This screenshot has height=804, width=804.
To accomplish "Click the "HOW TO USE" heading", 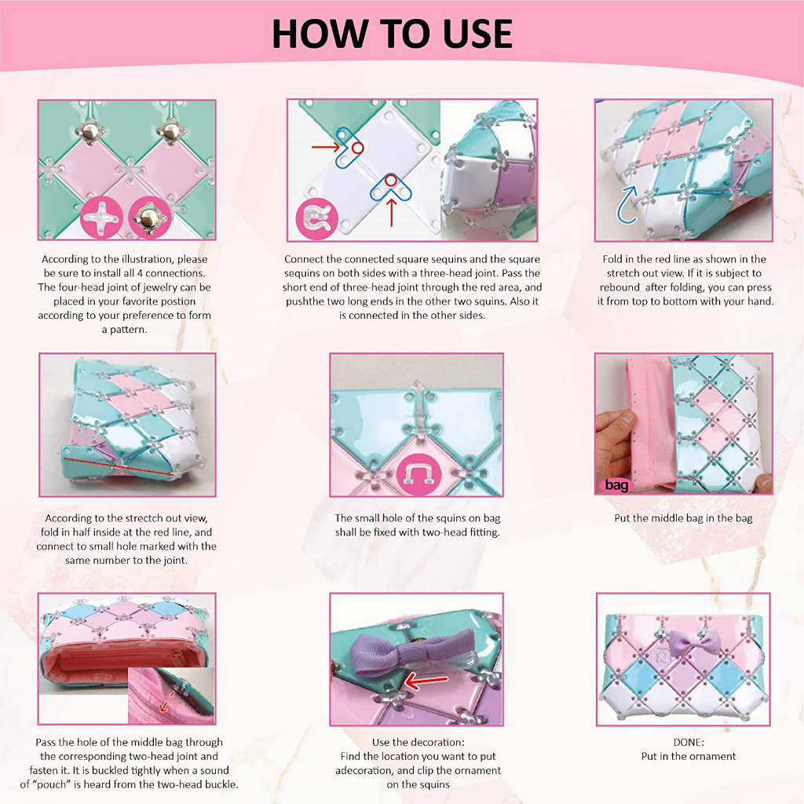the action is [x=392, y=34].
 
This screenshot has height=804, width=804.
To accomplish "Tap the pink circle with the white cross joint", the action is [x=101, y=217].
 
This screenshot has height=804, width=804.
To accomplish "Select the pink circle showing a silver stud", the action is [x=150, y=217].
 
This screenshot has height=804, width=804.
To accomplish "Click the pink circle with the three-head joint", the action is [x=317, y=219].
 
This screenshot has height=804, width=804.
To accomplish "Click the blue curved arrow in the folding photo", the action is [x=628, y=205].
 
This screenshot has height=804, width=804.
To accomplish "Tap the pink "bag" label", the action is [x=616, y=484].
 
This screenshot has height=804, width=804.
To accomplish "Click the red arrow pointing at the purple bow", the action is [x=426, y=681].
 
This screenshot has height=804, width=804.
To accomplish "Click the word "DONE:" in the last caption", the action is [x=688, y=742].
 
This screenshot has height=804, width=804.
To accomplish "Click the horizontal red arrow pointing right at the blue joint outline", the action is [x=326, y=148].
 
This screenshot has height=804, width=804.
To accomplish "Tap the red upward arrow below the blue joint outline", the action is [x=391, y=213].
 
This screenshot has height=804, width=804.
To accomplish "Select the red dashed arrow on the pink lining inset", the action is [x=166, y=701].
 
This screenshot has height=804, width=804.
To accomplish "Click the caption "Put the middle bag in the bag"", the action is [x=683, y=518].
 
